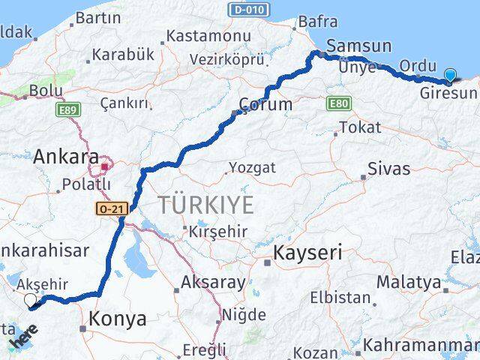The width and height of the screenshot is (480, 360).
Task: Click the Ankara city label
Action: click(x=66, y=157)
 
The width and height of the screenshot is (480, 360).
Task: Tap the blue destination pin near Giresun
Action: click(x=449, y=75)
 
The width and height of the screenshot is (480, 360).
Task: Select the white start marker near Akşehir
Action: click(x=31, y=301)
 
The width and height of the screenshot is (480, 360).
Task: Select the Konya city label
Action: click(x=117, y=319)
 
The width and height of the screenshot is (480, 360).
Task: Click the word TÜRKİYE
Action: click(x=205, y=204)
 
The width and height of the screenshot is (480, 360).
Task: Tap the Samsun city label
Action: click(x=358, y=46)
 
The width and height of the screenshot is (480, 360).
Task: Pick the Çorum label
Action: click(x=265, y=104)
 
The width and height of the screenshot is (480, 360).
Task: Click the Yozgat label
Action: click(x=252, y=167)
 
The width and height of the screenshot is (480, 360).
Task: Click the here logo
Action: click(x=23, y=338)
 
